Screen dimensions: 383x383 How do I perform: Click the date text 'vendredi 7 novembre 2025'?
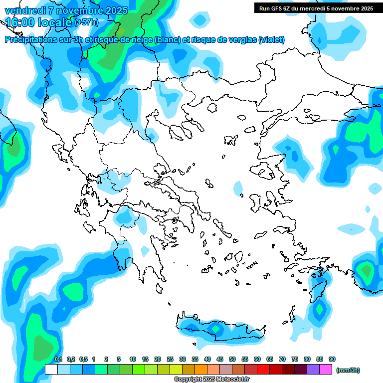[x=66, y=10]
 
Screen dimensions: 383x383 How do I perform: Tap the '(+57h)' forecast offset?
[x=86, y=22]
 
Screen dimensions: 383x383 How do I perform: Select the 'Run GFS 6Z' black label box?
[x=316, y=8]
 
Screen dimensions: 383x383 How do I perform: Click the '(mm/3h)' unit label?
[x=348, y=370]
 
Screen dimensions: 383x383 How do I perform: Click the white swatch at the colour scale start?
[x=51, y=370]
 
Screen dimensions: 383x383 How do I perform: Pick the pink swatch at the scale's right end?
[x=326, y=370]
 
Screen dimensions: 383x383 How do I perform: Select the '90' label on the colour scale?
[x=332, y=359]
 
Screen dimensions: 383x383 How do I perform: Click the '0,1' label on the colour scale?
[x=58, y=359]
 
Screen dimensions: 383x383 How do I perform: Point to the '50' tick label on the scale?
[x=232, y=359]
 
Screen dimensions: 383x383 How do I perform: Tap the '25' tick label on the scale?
[x=170, y=359]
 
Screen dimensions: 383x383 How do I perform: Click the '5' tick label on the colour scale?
[x=119, y=359]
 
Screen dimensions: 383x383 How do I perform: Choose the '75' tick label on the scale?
[x=295, y=359]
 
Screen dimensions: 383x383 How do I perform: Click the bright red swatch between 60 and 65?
[x=263, y=370]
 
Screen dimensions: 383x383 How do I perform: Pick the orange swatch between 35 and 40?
[x=201, y=370]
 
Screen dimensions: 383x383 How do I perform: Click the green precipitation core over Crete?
[x=215, y=329]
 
